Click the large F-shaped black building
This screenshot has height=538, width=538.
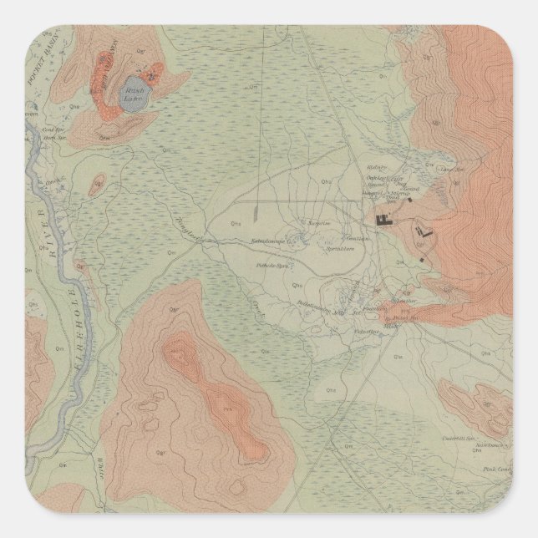tap(385, 220)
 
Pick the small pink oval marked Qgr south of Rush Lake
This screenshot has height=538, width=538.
tap(98, 183)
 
